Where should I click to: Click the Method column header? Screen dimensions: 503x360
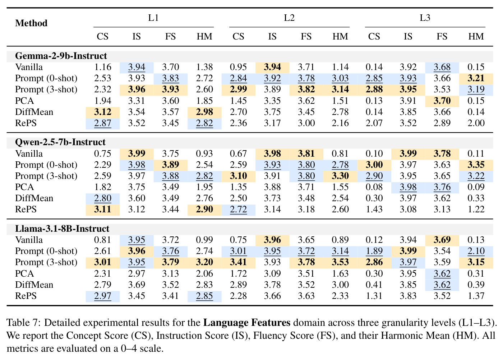[x=31, y=23]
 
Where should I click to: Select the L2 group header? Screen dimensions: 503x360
[x=289, y=18]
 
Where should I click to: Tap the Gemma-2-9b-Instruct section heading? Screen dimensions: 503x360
[x=61, y=56]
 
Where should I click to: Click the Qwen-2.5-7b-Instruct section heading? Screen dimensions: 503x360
[x=60, y=142]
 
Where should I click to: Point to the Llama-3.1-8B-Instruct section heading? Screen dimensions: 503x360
[x=62, y=229]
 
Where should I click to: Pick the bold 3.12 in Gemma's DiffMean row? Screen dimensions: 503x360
[x=103, y=112]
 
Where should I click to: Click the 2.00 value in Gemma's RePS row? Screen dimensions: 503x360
[x=476, y=123]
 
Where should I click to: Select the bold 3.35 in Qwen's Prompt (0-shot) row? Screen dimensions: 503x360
[x=476, y=165]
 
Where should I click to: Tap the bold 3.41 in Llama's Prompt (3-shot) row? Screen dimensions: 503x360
[x=239, y=262]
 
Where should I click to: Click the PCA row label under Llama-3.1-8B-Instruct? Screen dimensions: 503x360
[x=24, y=273]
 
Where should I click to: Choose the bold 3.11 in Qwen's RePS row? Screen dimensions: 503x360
[x=103, y=209]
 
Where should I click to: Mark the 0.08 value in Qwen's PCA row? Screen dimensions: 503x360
[x=374, y=187]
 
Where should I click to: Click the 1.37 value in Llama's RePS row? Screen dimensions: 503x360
[x=476, y=296]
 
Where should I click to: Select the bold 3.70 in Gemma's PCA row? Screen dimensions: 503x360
[x=442, y=101]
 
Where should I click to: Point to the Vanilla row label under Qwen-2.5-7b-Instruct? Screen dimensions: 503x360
[x=29, y=154]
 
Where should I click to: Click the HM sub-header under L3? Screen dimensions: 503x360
[x=476, y=36]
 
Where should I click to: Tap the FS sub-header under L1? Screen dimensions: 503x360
[x=170, y=36]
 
